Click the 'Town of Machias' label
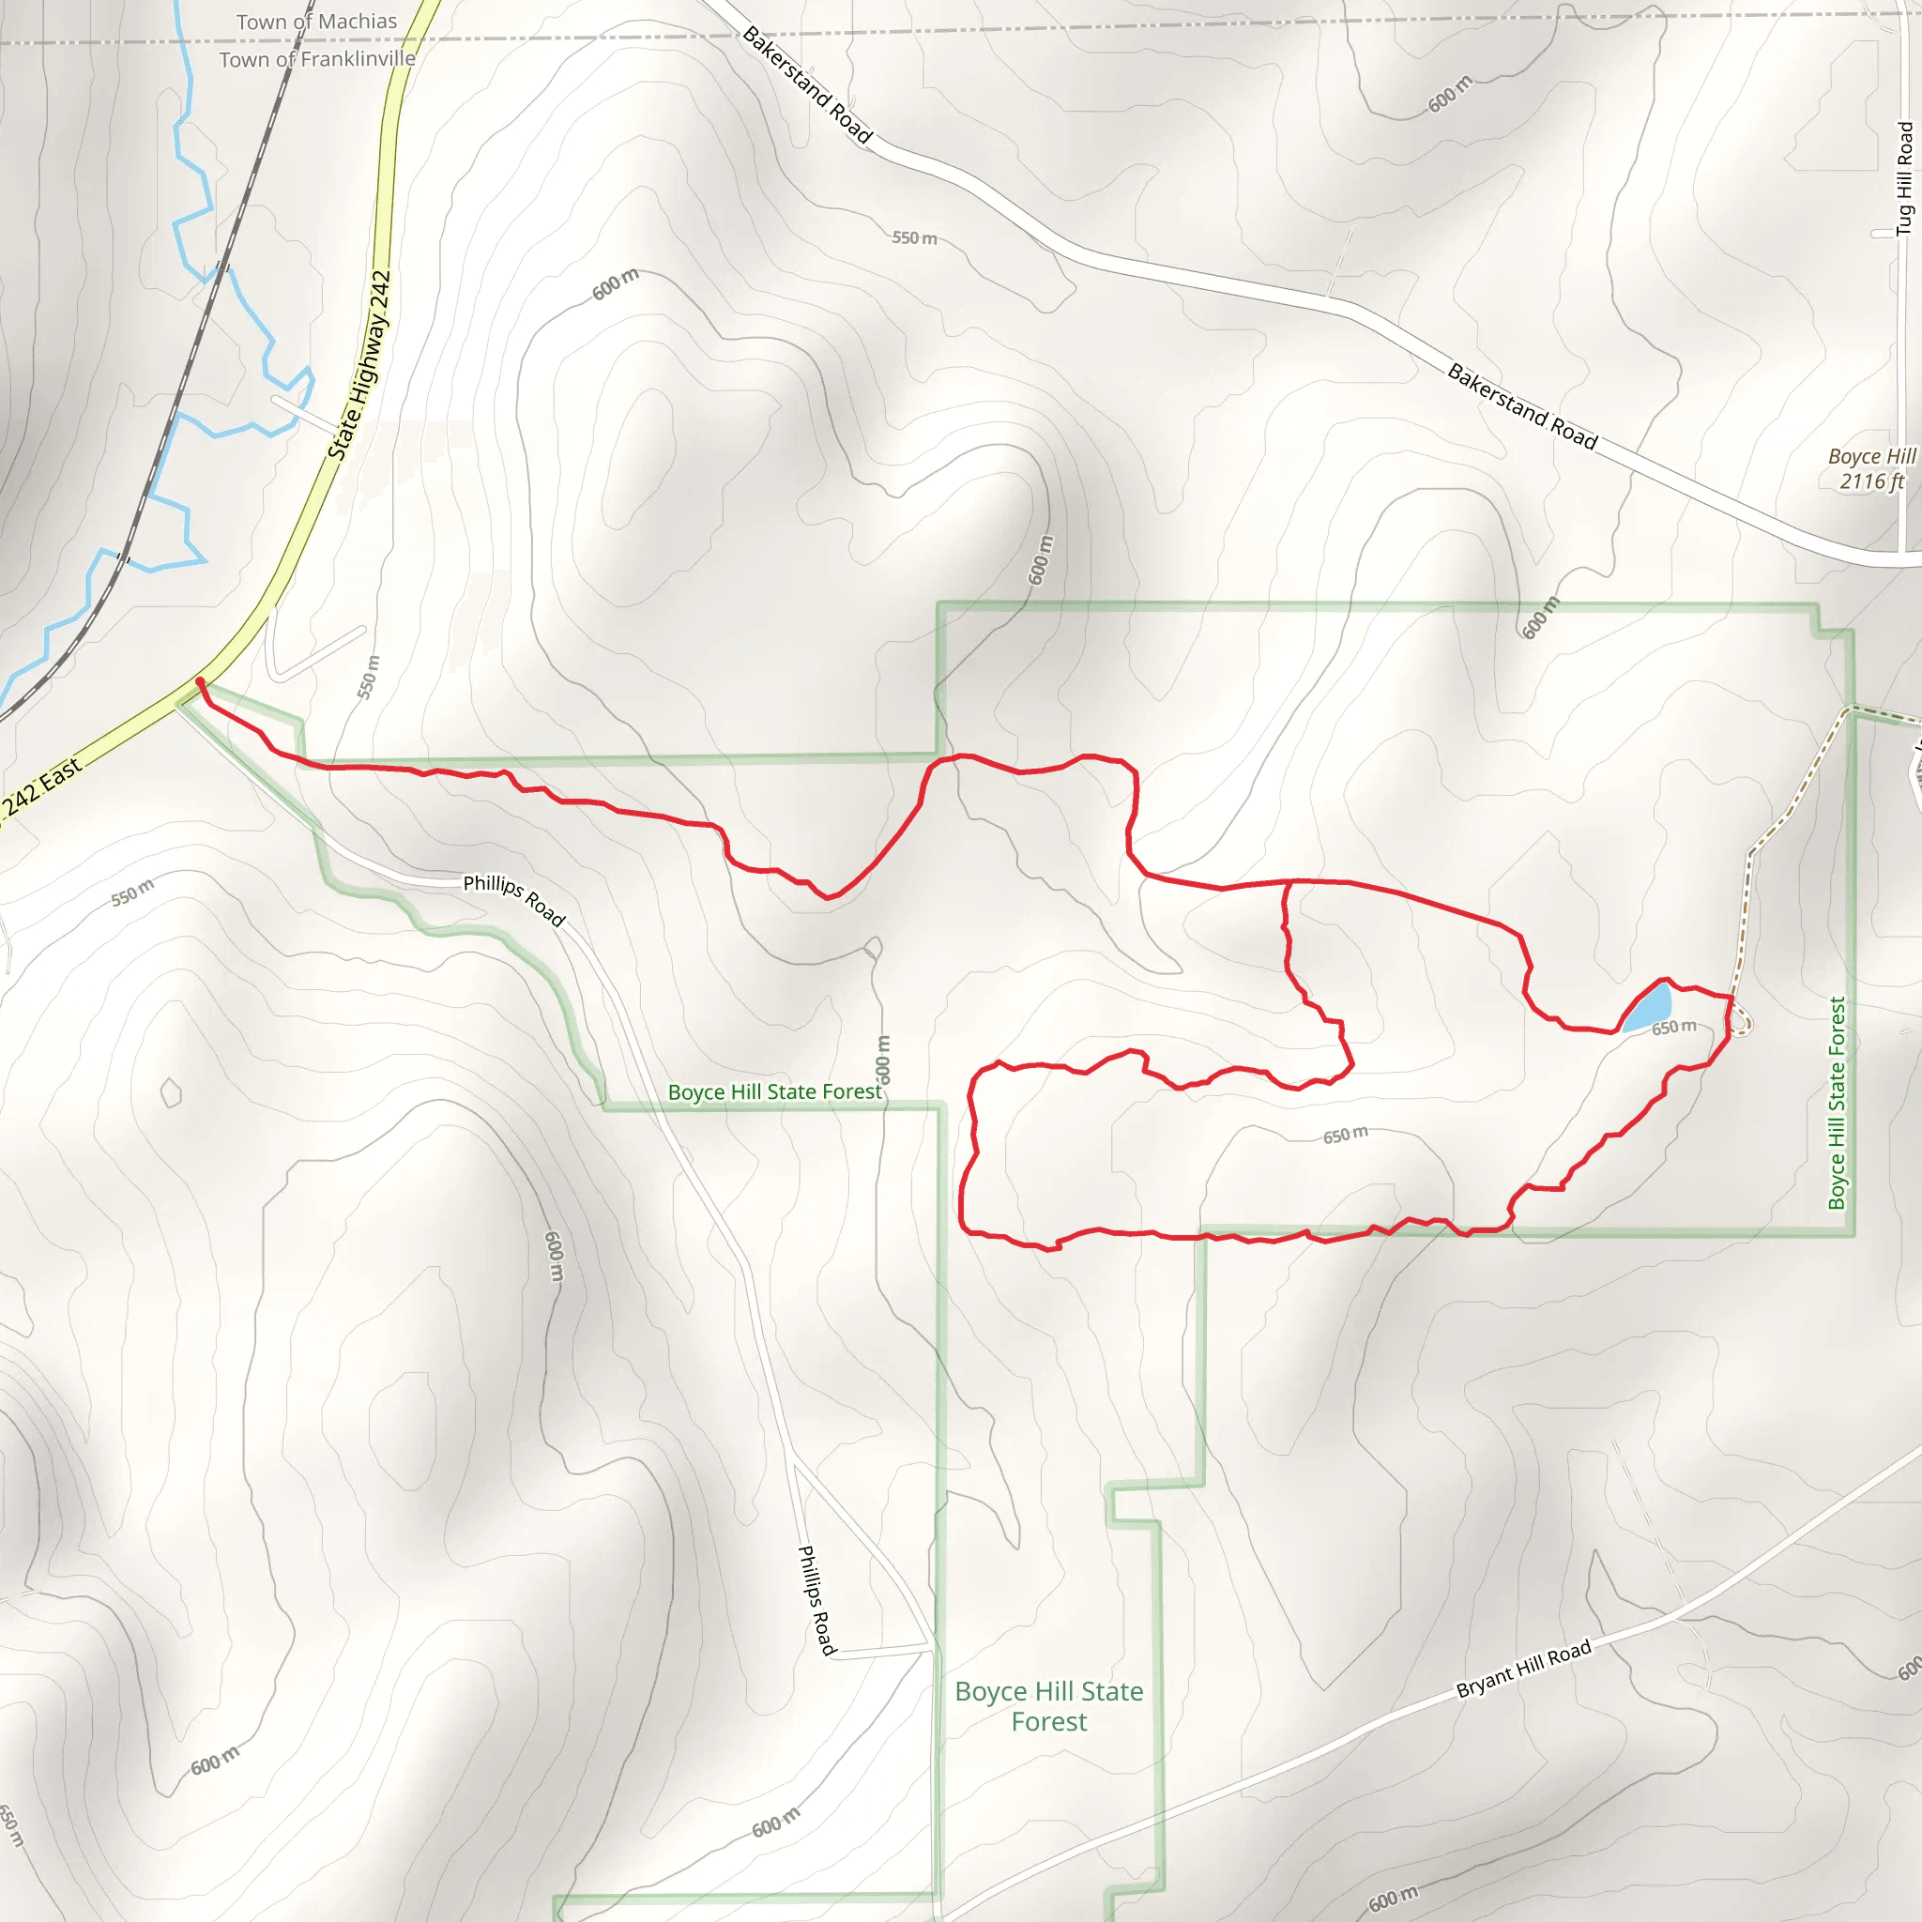[x=316, y=22]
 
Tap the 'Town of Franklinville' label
[x=316, y=60]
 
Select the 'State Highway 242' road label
[x=360, y=365]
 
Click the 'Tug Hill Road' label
[x=1904, y=178]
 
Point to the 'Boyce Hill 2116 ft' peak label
[x=1871, y=468]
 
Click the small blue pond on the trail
[x=1650, y=1008]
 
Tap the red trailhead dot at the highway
[x=200, y=681]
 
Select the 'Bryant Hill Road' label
[x=1523, y=1669]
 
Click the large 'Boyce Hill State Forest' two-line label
[x=1048, y=1706]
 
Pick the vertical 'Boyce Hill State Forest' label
[x=1837, y=1104]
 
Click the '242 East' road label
[x=42, y=786]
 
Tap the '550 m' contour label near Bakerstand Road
[x=914, y=238]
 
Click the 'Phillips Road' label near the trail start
[x=514, y=899]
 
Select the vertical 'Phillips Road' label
[x=816, y=1600]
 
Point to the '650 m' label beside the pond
[x=1674, y=1027]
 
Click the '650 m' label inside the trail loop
[x=1345, y=1136]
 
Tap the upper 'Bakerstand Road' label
[x=807, y=85]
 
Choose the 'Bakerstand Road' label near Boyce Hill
[x=1522, y=407]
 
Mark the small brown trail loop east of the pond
[x=1740, y=1022]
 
